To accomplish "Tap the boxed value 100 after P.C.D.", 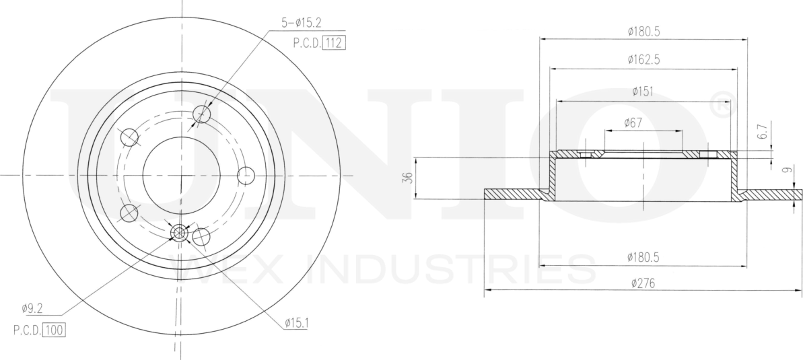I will pyautogui.click(x=54, y=330).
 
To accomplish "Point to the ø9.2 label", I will pyautogui.click(x=32, y=309).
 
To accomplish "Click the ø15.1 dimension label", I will pyautogui.click(x=295, y=324).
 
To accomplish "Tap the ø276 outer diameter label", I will pyautogui.click(x=643, y=283).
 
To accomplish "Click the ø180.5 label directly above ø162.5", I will pyautogui.click(x=643, y=31).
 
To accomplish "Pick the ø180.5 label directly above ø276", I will pyautogui.click(x=643, y=256).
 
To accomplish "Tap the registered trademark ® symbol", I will pyautogui.click(x=719, y=107).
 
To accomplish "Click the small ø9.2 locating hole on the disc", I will pyautogui.click(x=178, y=233).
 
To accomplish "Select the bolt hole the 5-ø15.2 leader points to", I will pyautogui.click(x=201, y=114).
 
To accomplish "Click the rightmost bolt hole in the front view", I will pyautogui.click(x=246, y=176).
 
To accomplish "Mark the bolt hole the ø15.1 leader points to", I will pyautogui.click(x=201, y=237).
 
